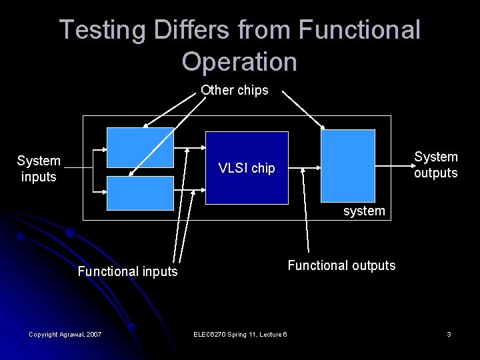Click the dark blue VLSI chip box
pyautogui.click(x=247, y=167)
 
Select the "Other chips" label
pyautogui.click(x=235, y=90)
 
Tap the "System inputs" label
pyautogui.click(x=39, y=169)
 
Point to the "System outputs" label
pyautogui.click(x=436, y=165)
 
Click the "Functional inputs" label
pyautogui.click(x=128, y=271)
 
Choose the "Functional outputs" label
pyautogui.click(x=341, y=265)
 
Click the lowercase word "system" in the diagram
pyautogui.click(x=364, y=211)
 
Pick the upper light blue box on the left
pyautogui.click(x=140, y=147)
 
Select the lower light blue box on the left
pyautogui.click(x=140, y=193)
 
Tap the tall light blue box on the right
pyautogui.click(x=348, y=165)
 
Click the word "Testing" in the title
pyautogui.click(x=102, y=30)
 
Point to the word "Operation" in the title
pyautogui.click(x=239, y=61)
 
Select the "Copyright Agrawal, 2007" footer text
pyautogui.click(x=65, y=334)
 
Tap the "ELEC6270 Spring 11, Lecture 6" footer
pyautogui.click(x=239, y=334)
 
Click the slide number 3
pyautogui.click(x=449, y=334)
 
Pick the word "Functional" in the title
pyautogui.click(x=360, y=30)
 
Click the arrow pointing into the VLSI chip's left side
pyautogui.click(x=190, y=148)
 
